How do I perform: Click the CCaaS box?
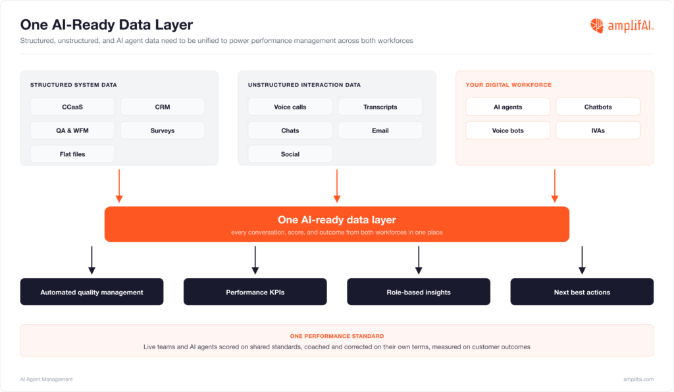coord(72,107)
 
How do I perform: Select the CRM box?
coord(163,107)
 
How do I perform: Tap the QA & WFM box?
coord(72,130)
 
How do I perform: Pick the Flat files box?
coord(72,154)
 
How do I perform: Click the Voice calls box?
coord(290,107)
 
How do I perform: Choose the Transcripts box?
coord(380,107)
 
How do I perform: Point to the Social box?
coord(290,154)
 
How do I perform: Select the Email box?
coord(380,130)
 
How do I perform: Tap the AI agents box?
coord(507,107)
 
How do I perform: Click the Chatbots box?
coord(598,107)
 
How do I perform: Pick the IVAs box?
coord(598,130)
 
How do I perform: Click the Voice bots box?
coord(507,130)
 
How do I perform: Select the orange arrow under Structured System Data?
coord(119,186)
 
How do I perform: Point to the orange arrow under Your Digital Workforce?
coord(554,186)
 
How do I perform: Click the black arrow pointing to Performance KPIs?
coord(255,260)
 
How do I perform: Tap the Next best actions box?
coord(582,292)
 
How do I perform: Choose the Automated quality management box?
coord(91,292)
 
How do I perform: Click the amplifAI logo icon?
coord(596,26)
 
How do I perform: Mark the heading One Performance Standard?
coord(337,336)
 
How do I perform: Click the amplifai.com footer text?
coord(638,379)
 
